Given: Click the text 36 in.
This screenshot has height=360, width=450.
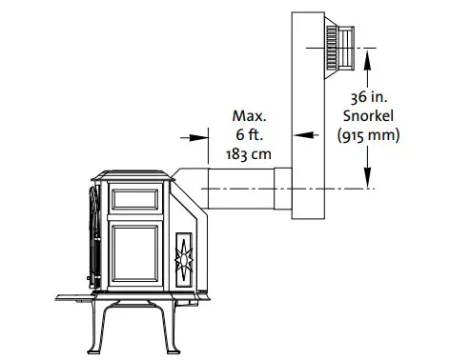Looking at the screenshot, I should (x=368, y=96).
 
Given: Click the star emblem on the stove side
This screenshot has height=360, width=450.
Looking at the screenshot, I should (x=185, y=255).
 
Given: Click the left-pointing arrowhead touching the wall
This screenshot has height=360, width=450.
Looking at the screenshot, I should (x=298, y=136).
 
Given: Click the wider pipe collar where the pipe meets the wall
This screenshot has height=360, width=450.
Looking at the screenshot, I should (x=282, y=189).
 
